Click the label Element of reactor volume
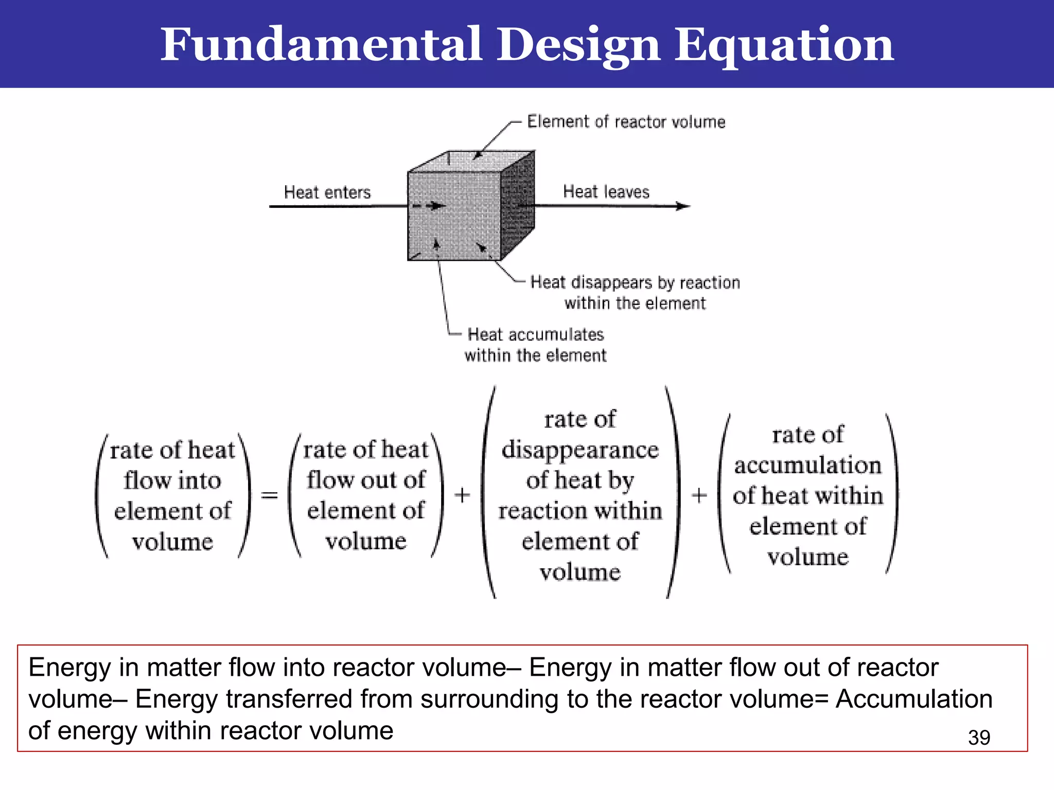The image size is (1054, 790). pos(626,122)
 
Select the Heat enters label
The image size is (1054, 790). pos(327,192)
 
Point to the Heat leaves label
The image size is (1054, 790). pos(606,192)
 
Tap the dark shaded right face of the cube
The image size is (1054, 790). pos(517,206)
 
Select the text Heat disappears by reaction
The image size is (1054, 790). pos(635,282)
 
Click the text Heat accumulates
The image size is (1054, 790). pos(535,335)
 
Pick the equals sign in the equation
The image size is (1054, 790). pos(269,495)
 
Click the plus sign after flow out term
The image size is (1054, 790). pos(462,495)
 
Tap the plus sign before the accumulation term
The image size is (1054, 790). pos(699,496)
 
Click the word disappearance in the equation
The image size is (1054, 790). pos(580,450)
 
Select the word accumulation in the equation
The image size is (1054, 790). pos(807,465)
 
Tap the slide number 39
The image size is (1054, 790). pos(978,738)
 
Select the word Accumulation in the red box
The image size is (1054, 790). pos(914,699)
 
